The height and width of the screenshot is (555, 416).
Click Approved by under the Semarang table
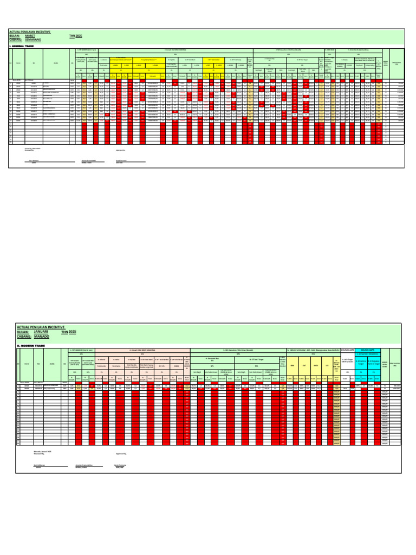120,150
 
